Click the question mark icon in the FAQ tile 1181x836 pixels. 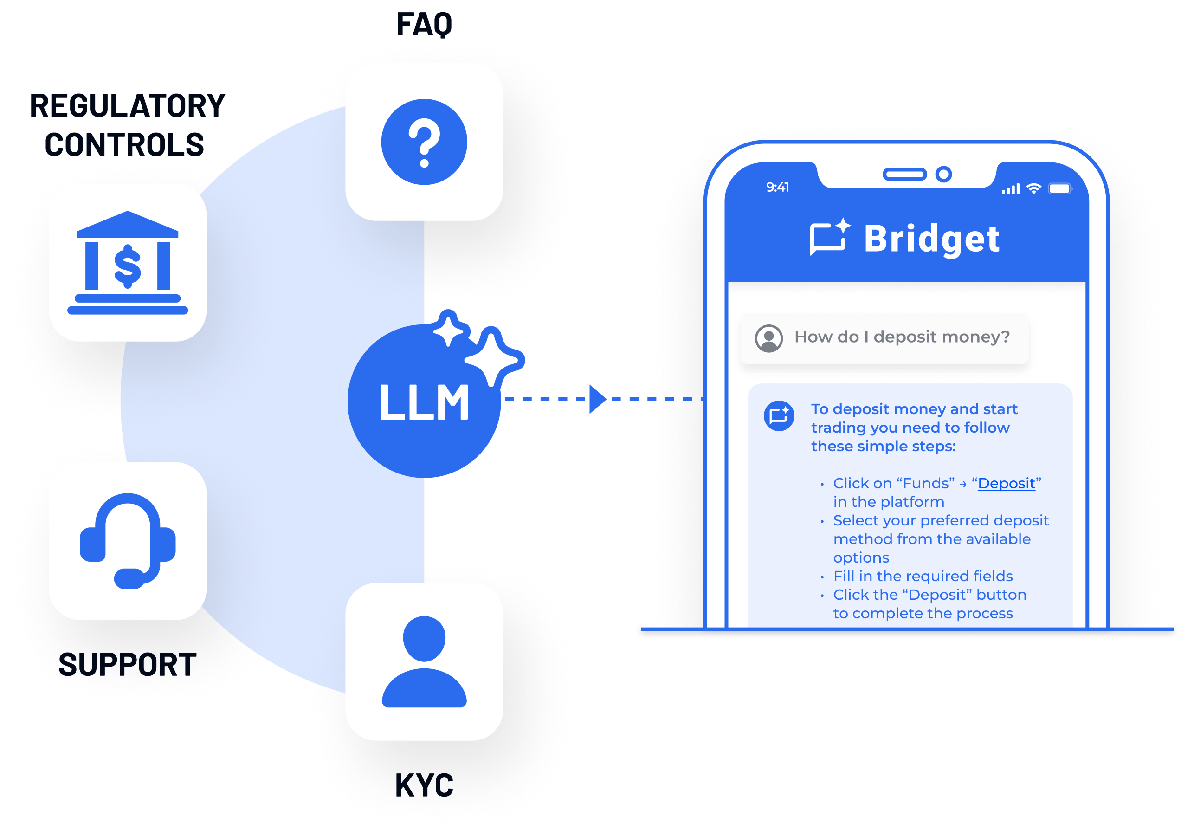coord(424,142)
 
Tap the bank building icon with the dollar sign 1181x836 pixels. coord(128,263)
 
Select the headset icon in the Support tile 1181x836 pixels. coord(128,540)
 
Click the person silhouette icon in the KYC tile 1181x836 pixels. coord(424,661)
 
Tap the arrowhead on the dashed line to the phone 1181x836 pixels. coord(597,399)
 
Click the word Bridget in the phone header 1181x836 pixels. coord(931,239)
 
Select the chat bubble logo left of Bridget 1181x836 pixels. coord(829,237)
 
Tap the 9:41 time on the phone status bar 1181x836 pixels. coord(777,188)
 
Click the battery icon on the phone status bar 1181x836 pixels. coord(1059,188)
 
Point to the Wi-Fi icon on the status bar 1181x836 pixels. coord(1033,188)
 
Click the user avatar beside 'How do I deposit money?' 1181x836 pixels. coord(769,338)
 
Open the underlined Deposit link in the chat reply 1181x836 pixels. coord(1006,483)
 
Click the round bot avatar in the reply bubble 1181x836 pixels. coord(779,415)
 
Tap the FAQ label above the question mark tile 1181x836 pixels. coord(424,24)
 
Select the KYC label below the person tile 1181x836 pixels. coord(424,786)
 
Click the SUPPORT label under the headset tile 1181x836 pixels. coord(128,665)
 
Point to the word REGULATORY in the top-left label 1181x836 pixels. coord(128,106)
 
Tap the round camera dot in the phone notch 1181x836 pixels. coord(943,175)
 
